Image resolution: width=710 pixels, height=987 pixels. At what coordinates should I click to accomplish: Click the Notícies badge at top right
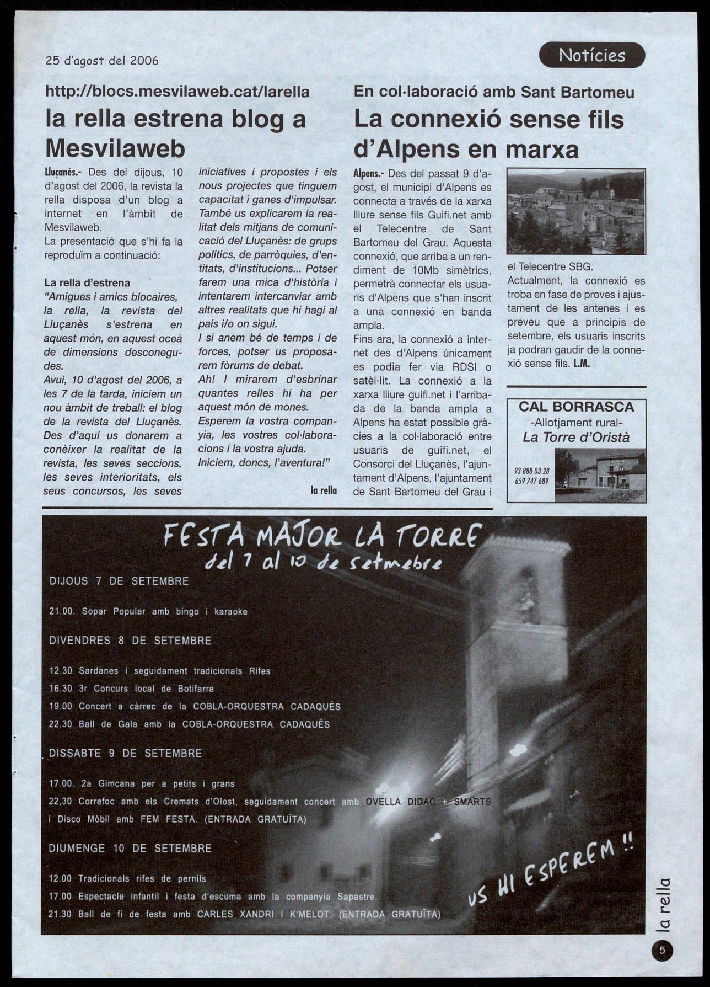[591, 55]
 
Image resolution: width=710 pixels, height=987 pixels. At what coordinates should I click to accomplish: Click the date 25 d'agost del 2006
[102, 61]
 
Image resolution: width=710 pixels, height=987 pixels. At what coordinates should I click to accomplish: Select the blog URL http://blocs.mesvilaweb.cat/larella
[177, 92]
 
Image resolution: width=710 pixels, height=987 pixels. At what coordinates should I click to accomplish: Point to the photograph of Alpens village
[575, 211]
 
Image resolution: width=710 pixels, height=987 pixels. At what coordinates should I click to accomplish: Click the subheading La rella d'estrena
[87, 283]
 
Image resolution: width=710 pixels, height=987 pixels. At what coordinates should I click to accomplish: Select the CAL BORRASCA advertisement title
[576, 407]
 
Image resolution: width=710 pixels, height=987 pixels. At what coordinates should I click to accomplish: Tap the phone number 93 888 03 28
[531, 471]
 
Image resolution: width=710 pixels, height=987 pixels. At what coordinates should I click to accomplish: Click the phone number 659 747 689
[531, 481]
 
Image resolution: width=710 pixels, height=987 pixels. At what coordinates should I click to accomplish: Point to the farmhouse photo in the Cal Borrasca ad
[600, 474]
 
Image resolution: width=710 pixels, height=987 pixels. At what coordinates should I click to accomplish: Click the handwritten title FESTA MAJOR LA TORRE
[322, 536]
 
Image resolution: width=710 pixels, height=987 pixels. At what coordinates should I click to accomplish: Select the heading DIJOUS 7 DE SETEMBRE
[119, 581]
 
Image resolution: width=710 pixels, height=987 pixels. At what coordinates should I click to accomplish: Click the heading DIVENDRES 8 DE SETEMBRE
[130, 641]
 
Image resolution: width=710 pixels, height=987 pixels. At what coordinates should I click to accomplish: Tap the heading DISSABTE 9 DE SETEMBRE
[126, 754]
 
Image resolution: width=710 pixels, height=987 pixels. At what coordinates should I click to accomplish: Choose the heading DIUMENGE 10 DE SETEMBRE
[130, 849]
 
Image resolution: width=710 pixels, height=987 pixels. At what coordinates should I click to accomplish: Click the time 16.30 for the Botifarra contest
[61, 689]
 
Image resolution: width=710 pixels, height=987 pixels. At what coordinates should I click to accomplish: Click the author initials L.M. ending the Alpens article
[582, 364]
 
